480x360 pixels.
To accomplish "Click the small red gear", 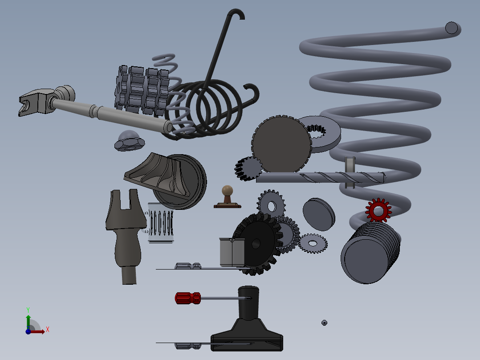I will click(378, 210).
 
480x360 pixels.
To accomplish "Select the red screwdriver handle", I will click(188, 298).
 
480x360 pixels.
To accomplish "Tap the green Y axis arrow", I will click(28, 319).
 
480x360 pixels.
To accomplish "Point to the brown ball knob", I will click(228, 191).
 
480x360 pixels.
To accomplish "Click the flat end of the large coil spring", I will click(452, 28).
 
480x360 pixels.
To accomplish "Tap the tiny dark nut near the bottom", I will click(324, 323).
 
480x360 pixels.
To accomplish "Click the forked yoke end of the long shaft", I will click(33, 102).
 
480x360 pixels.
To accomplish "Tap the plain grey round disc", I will click(318, 214).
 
